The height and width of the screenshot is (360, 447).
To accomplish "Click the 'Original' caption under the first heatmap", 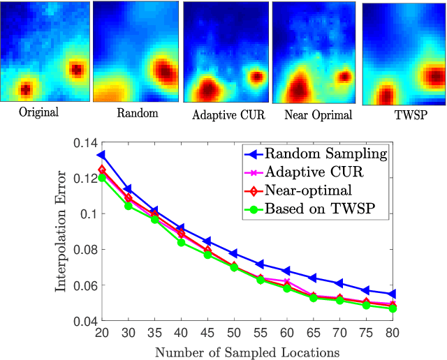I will coord(39,112).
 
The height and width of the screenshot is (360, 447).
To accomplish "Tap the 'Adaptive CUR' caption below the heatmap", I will coord(228,114).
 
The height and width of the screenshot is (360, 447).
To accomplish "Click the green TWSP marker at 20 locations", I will coord(101,178).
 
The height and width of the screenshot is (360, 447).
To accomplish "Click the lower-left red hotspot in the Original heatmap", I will coord(25,89).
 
